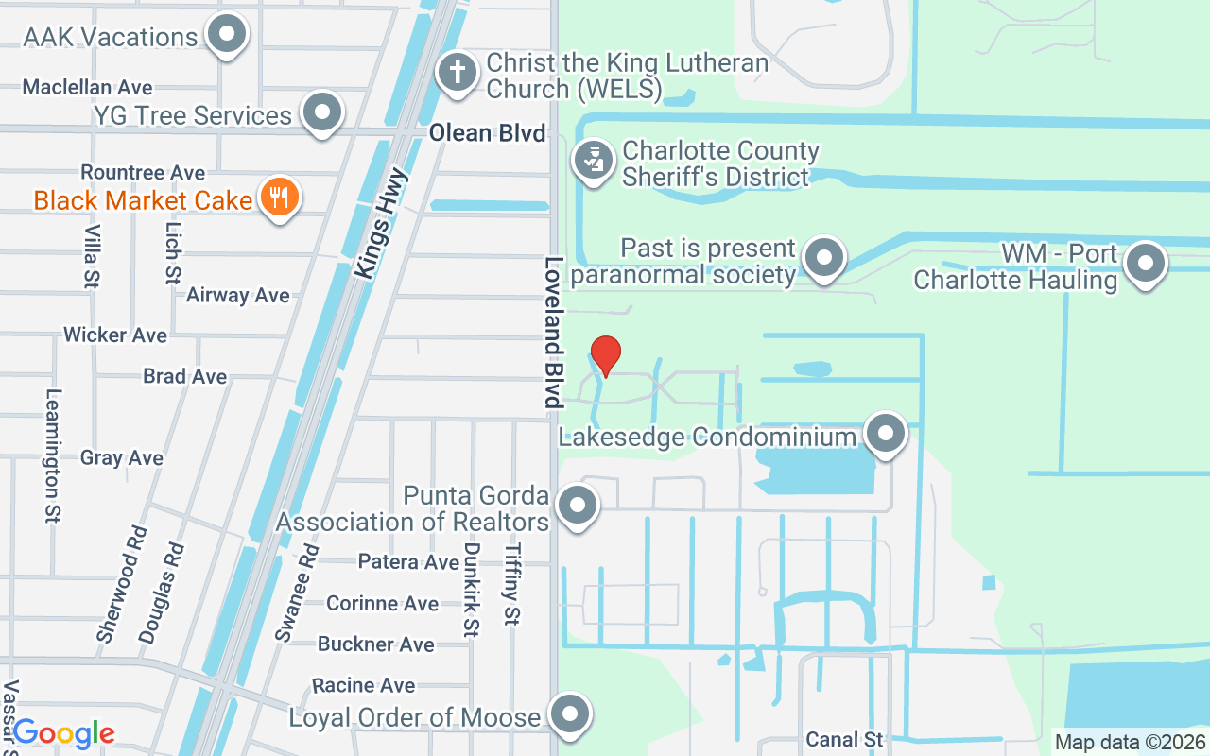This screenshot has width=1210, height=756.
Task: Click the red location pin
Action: [x=605, y=355]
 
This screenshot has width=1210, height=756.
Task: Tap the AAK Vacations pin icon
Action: [x=226, y=36]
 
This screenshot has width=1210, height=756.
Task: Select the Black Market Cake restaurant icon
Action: [x=278, y=198]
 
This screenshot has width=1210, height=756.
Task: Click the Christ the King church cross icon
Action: [x=458, y=72]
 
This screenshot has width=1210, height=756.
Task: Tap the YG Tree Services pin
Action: [x=322, y=112]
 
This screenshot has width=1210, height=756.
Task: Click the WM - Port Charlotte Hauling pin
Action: [x=1146, y=264]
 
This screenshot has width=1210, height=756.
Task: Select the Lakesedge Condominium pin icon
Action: [x=886, y=434]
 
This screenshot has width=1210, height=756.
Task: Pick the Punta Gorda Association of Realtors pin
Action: [x=578, y=506]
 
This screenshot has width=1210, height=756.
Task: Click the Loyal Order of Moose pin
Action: [x=570, y=715]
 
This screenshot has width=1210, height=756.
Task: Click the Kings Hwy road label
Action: [x=382, y=224]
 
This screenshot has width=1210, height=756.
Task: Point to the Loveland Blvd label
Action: [x=553, y=332]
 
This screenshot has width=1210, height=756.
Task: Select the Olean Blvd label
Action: [x=488, y=133]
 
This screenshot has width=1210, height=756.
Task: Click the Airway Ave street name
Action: [x=237, y=295]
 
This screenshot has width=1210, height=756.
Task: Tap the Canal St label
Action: [x=844, y=739]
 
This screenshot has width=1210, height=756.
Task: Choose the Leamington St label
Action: [x=53, y=455]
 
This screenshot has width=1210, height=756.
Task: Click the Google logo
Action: [x=63, y=733]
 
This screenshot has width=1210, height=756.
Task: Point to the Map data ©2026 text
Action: [x=1130, y=743]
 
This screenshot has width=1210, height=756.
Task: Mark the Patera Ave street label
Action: [x=408, y=561]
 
